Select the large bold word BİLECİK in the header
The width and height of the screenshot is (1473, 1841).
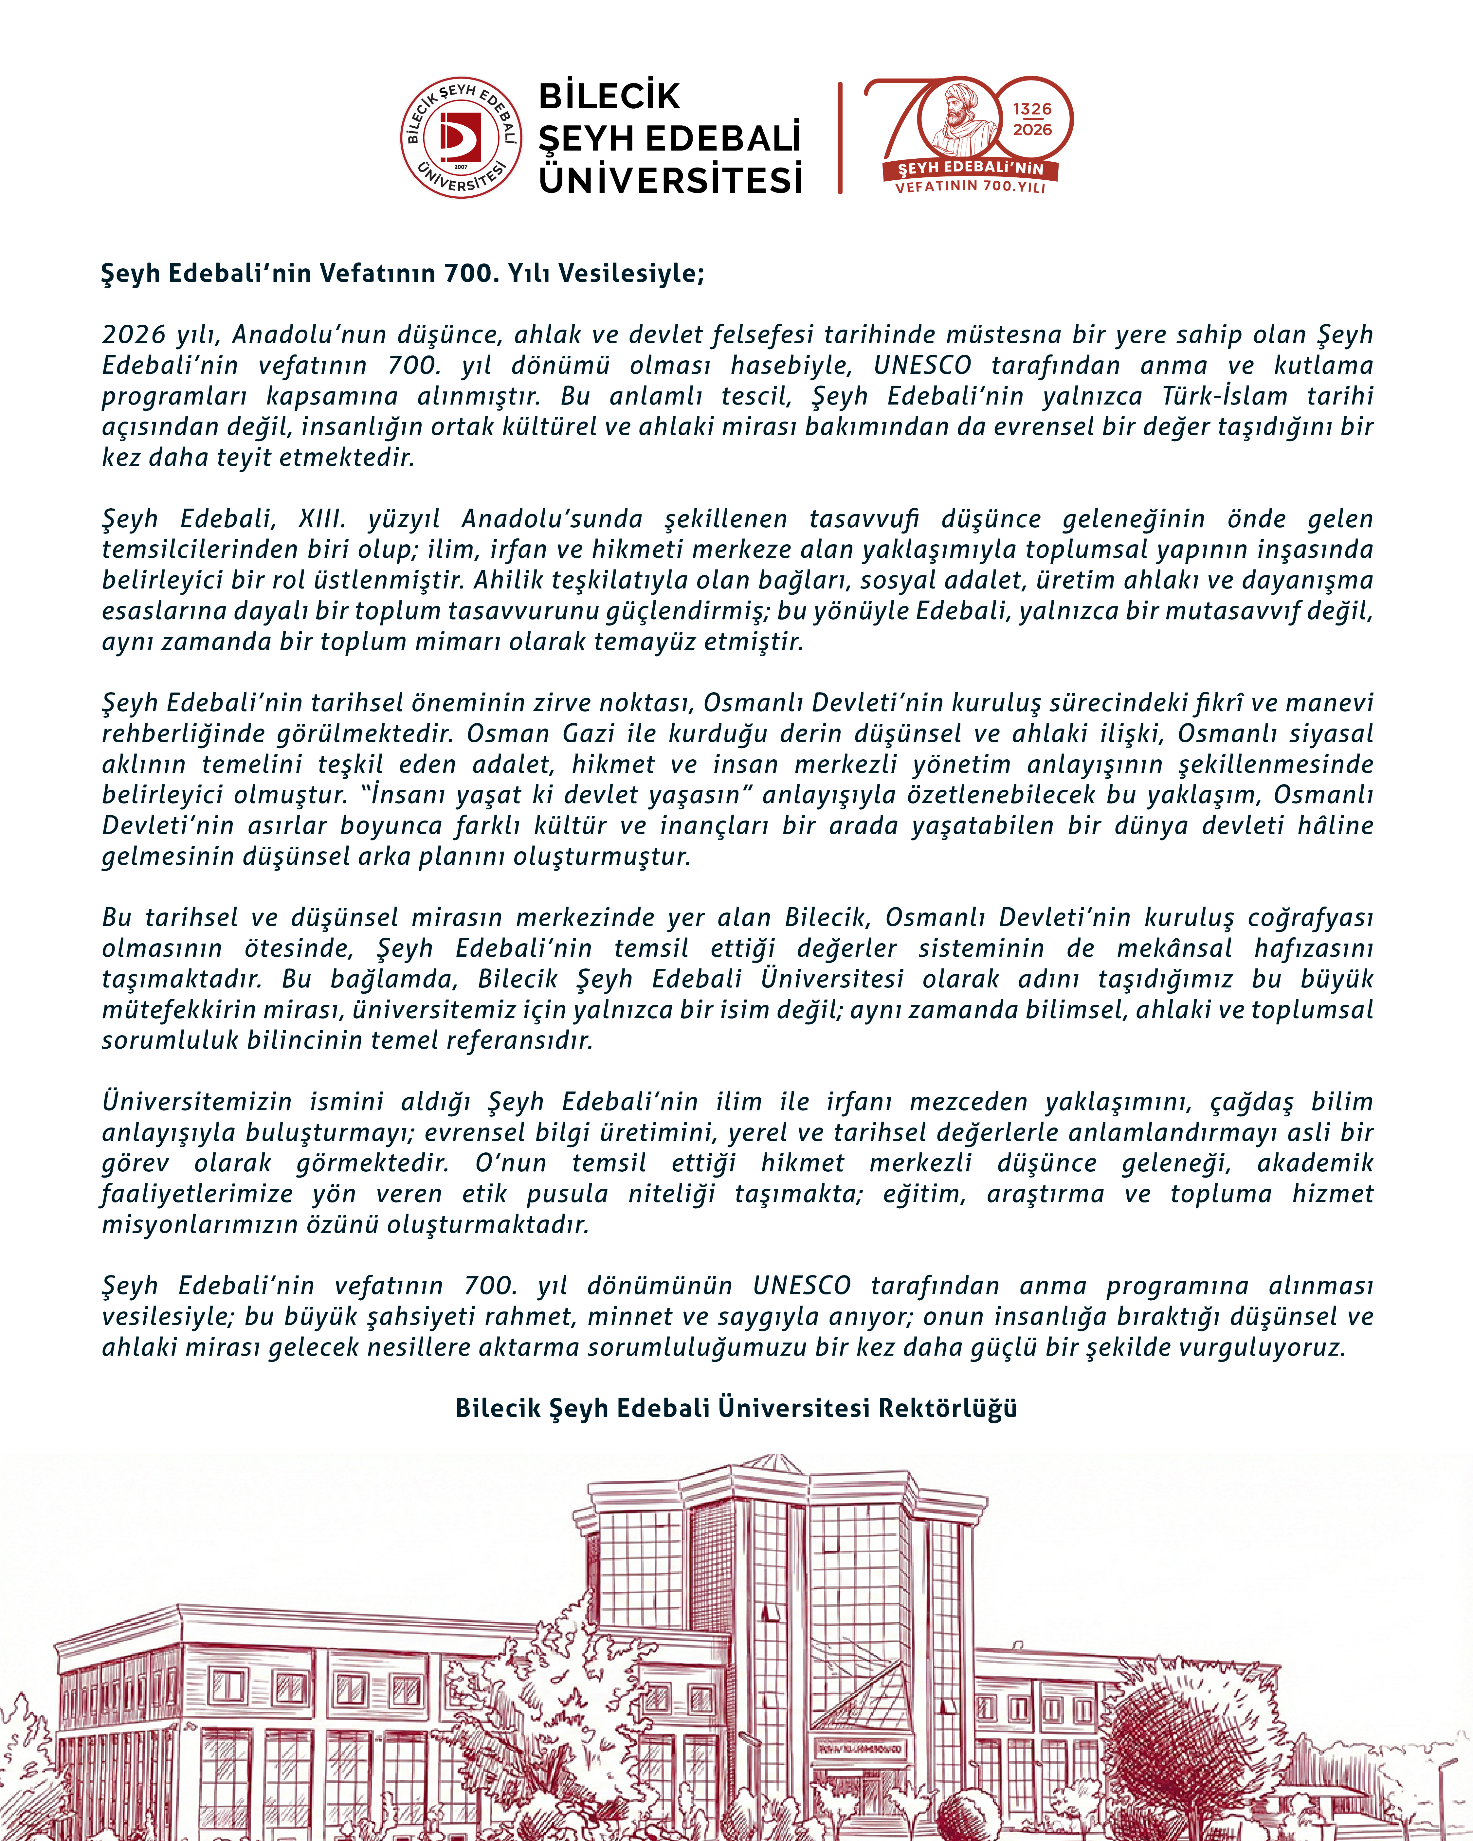coord(609,97)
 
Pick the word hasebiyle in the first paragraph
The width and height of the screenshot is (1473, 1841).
coord(791,366)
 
